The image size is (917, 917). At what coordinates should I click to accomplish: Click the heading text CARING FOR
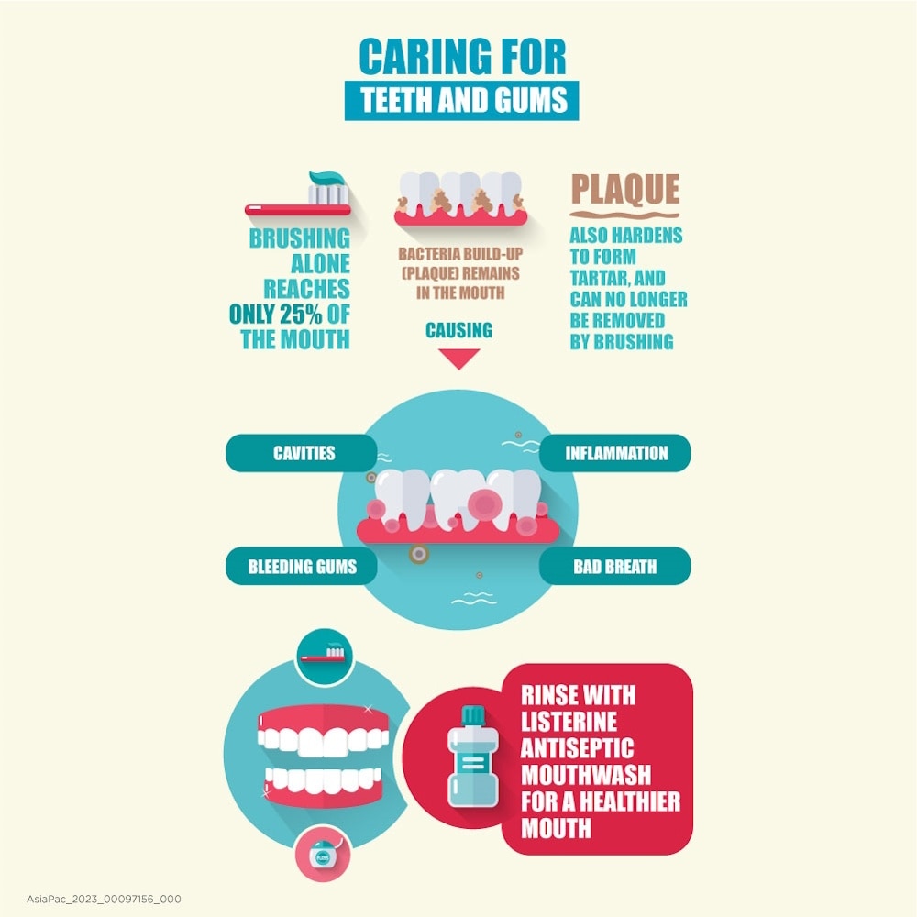pos(461,57)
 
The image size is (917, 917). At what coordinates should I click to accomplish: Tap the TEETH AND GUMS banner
pos(461,100)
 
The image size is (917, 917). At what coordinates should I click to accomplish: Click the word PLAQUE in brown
pos(624,190)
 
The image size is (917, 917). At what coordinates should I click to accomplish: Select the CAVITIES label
pos(304,453)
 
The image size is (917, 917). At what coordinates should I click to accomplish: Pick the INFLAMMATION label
pos(616,453)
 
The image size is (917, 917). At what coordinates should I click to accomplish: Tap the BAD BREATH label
pos(615,567)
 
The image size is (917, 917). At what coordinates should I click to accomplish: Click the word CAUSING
pos(458,330)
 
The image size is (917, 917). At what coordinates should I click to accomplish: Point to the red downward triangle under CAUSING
pos(459,358)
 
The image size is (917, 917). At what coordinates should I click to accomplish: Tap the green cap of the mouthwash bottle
pos(473,713)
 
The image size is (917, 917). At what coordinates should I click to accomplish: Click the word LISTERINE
pos(569,720)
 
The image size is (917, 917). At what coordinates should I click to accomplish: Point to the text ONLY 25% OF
pos(289,315)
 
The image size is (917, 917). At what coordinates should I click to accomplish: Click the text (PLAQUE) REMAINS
pos(458,273)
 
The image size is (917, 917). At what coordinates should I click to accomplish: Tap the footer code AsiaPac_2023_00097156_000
pos(91,899)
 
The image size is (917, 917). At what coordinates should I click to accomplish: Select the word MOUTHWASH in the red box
pos(591,775)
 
